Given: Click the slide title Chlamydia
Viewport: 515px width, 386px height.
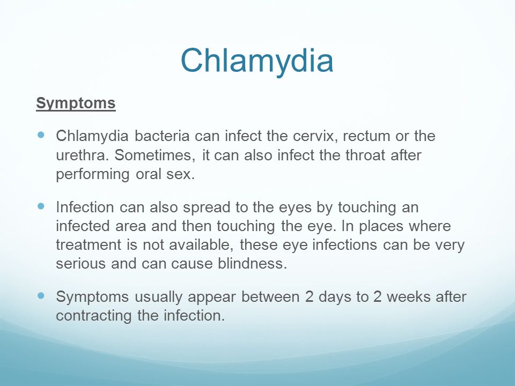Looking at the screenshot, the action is [x=257, y=61].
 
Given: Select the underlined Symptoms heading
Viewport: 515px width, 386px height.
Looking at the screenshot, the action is [x=76, y=103].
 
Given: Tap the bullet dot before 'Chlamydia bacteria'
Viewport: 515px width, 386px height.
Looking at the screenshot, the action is [x=41, y=135].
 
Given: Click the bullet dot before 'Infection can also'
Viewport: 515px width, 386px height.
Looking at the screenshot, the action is [x=41, y=206].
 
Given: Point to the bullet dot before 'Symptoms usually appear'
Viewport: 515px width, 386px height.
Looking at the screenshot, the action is [x=41, y=296].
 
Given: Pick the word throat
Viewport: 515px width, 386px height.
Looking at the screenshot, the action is [x=365, y=155].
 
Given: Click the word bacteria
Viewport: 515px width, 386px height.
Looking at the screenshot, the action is [x=162, y=136].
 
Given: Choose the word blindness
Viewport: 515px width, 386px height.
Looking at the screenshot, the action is [x=252, y=264].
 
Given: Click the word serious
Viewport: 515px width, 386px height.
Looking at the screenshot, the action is [x=81, y=264].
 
